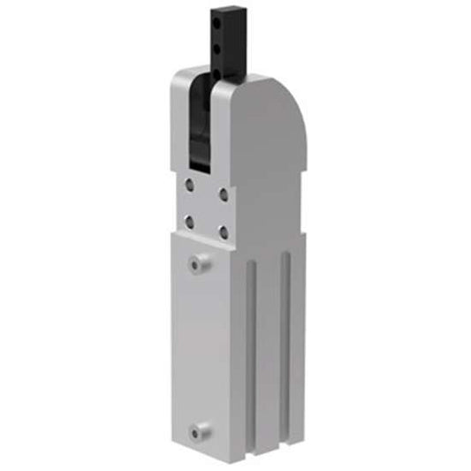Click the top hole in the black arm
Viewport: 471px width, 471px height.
pyautogui.click(x=216, y=19)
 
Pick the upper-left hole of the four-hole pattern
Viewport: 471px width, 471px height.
pyautogui.click(x=189, y=186)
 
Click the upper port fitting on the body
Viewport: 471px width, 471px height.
pyautogui.click(x=199, y=262)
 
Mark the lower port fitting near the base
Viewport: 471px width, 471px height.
pyautogui.click(x=199, y=430)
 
